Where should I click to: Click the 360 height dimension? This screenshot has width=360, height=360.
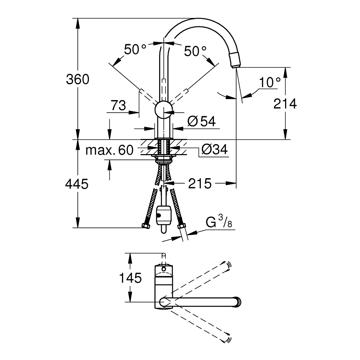[x=77, y=79]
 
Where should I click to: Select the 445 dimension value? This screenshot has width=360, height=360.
[x=77, y=184]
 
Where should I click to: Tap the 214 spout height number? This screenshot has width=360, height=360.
[x=285, y=104]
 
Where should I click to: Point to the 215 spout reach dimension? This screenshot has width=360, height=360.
[x=200, y=184]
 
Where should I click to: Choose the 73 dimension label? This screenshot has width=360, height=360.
[x=118, y=105]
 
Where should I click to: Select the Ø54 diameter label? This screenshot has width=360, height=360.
[x=201, y=122]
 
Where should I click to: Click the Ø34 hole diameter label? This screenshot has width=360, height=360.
[x=214, y=149]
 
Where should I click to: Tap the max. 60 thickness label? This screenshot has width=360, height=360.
[x=109, y=150]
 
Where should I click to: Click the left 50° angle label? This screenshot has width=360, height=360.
[x=135, y=49]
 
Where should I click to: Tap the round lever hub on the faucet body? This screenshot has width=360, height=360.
[x=164, y=109]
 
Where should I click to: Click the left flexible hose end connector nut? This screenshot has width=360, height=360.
[x=145, y=226]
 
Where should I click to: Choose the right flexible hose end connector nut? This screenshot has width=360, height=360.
[x=182, y=226]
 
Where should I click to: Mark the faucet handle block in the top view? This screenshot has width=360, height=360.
[x=164, y=275]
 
